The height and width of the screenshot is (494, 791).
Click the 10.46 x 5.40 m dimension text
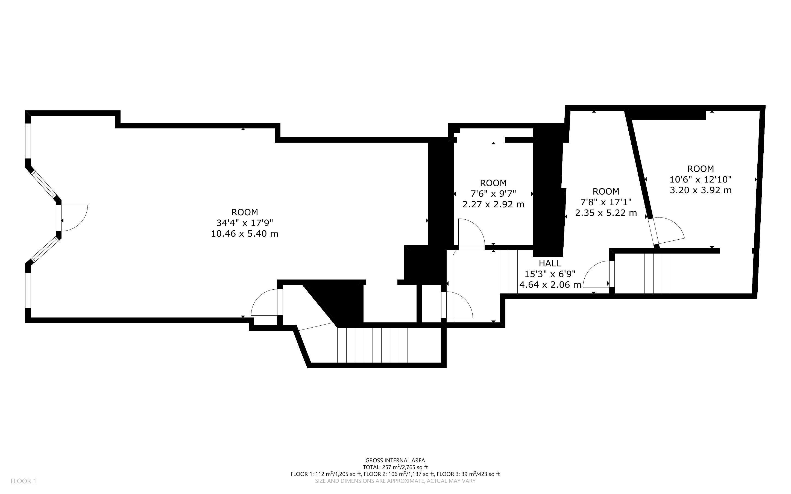[x=245, y=234]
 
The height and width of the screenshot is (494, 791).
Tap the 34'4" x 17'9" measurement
[x=245, y=223]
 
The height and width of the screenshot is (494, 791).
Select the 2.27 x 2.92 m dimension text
[x=493, y=204]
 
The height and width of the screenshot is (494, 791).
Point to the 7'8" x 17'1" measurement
[x=606, y=202]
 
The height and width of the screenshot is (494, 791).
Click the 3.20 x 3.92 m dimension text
[x=701, y=190]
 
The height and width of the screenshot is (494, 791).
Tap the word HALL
[x=550, y=263]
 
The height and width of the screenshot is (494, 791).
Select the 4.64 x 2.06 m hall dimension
[x=550, y=285]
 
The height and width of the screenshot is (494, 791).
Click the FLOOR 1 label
[x=24, y=481]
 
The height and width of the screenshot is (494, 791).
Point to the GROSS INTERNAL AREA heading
[x=395, y=461]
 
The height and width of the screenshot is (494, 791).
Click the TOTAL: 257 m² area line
[x=395, y=467]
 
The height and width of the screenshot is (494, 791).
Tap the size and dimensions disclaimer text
[x=395, y=481]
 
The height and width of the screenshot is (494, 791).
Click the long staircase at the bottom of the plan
[x=373, y=345]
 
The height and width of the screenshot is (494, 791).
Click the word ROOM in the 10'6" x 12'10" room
[x=701, y=169]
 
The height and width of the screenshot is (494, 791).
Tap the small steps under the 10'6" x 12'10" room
[x=657, y=274]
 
